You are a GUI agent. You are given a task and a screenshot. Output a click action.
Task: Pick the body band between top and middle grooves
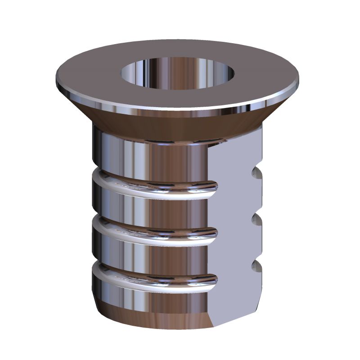click(x=148, y=207)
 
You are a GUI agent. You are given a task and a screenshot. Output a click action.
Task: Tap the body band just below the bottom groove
click(x=148, y=297)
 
